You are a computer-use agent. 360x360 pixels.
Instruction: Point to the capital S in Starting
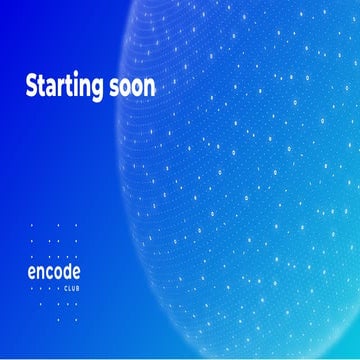pyautogui.click(x=31, y=86)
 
